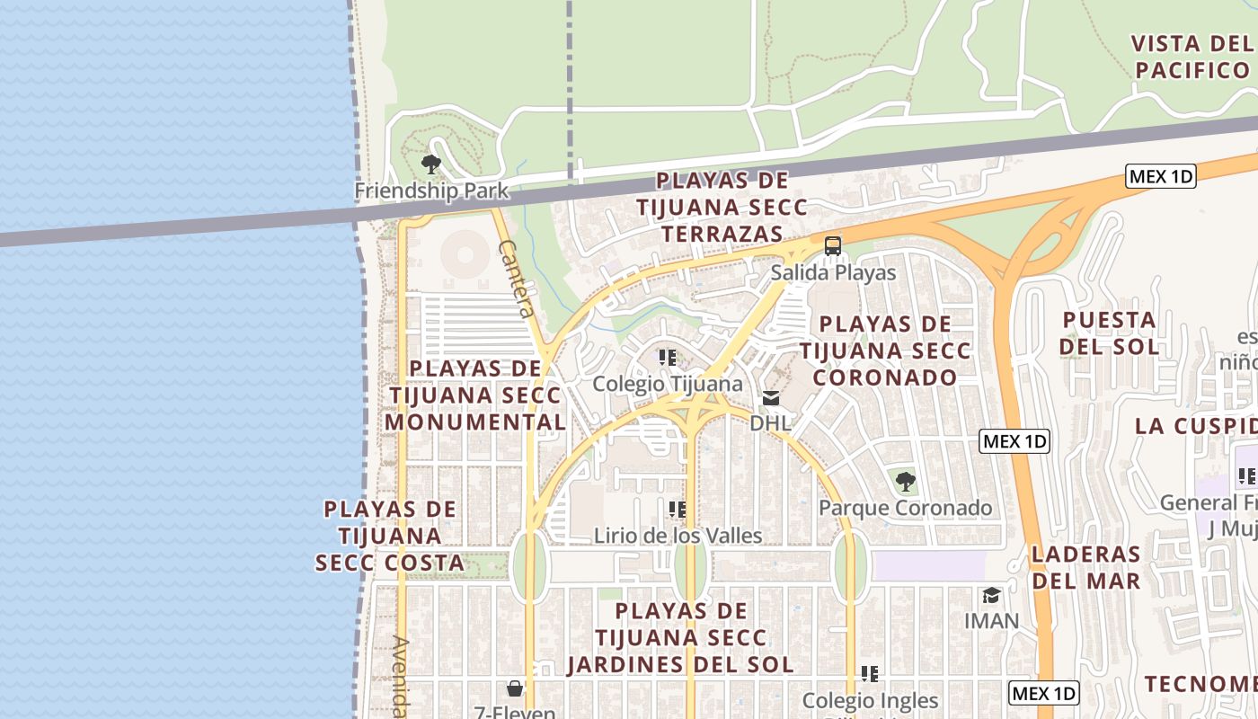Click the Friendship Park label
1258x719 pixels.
[x=431, y=191]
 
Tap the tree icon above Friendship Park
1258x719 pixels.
[x=431, y=164]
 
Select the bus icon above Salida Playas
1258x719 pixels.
[x=833, y=245]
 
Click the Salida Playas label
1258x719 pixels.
[x=833, y=272]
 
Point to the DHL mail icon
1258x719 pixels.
[x=771, y=398]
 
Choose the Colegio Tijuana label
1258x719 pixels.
[x=668, y=384]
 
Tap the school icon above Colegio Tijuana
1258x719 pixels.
[x=668, y=358]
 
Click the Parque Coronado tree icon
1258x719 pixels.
[x=906, y=482]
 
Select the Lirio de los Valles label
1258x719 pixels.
[x=678, y=536]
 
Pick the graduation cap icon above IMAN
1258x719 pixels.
[x=991, y=595]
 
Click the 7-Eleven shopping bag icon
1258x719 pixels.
[x=515, y=689]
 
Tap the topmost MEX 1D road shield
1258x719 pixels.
[x=1161, y=176]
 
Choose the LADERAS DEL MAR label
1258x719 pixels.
[x=1085, y=567]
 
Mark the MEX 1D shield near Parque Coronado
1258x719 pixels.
[x=1014, y=441]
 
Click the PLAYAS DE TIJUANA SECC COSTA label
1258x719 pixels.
[x=390, y=536]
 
